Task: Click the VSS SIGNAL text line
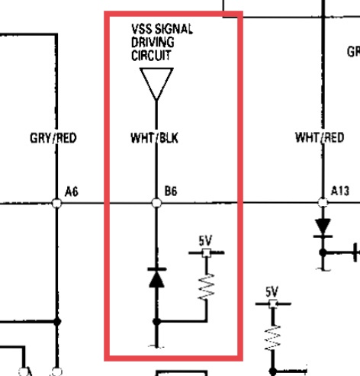pyautogui.click(x=162, y=29)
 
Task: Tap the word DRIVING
pyautogui.click(x=153, y=42)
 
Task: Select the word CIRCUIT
pyautogui.click(x=151, y=55)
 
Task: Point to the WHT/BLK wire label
pyautogui.click(x=154, y=138)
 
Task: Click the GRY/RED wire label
pyautogui.click(x=53, y=138)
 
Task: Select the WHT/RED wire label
pyautogui.click(x=320, y=137)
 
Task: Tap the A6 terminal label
pyautogui.click(x=72, y=191)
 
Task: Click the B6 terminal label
pyautogui.click(x=171, y=191)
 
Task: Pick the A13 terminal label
pyautogui.click(x=340, y=191)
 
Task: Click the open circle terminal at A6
pyautogui.click(x=56, y=204)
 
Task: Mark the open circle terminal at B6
pyautogui.click(x=156, y=203)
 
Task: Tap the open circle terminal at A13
pyautogui.click(x=323, y=203)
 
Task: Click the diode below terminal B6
pyautogui.click(x=157, y=278)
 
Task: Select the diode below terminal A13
pyautogui.click(x=323, y=228)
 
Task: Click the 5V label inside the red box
pyautogui.click(x=205, y=240)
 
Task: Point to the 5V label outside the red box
pyautogui.click(x=272, y=292)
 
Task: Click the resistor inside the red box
pyautogui.click(x=207, y=287)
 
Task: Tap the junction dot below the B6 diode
pyautogui.click(x=156, y=322)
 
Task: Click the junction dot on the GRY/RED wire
pyautogui.click(x=57, y=322)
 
